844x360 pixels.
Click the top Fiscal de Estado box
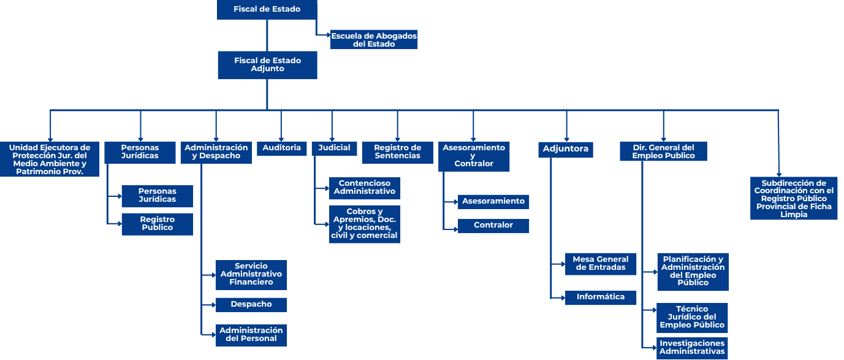point(267,9)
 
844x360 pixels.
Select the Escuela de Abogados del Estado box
point(374,40)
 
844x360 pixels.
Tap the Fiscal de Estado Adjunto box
point(267,65)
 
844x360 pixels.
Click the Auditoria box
point(281,148)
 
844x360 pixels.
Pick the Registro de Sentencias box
point(398,152)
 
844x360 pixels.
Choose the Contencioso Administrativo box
point(364,188)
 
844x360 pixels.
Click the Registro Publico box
point(157,224)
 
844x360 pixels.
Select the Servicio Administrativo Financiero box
point(251,275)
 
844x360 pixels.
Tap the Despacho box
point(251,305)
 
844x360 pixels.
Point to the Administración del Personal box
point(251,335)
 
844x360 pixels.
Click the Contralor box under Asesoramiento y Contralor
point(493,226)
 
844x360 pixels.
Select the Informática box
point(601,297)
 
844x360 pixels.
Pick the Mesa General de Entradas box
point(601,264)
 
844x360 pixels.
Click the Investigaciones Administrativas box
point(692,348)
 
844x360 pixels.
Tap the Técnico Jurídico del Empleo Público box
point(692,318)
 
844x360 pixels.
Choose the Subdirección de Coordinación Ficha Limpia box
point(794,198)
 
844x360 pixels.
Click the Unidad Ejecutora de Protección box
point(50,159)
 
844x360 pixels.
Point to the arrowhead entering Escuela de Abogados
point(329,35)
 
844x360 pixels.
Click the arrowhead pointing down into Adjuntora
point(566,139)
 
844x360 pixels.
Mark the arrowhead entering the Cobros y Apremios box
point(327,224)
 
